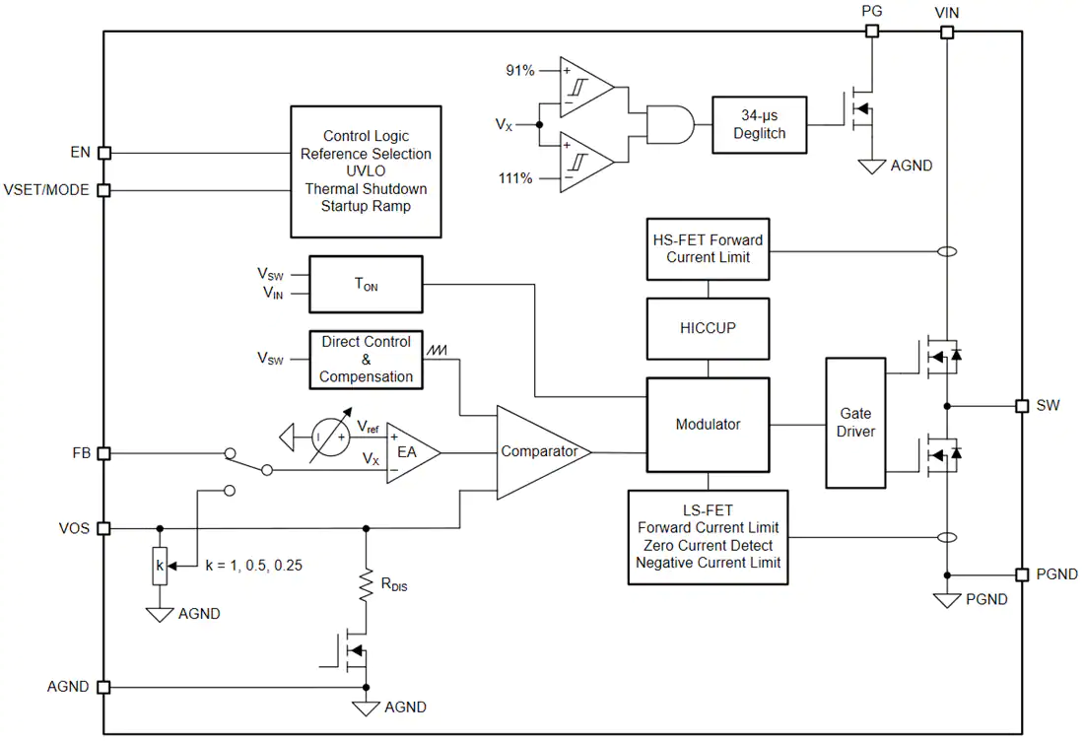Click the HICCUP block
pos(708,328)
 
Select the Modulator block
pos(708,425)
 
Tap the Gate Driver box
pos(855,423)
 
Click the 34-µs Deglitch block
pos(759,124)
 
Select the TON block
pos(366,284)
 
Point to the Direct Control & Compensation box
pos(366,360)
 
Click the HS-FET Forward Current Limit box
pos(708,249)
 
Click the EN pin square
pos(103,153)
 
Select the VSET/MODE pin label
pos(46,189)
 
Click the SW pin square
pos(1022,406)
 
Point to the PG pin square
pos(872,32)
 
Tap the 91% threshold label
pos(520,71)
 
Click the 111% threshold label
pos(515,178)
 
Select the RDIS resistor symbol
pos(366,584)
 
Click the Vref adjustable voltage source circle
pos(330,437)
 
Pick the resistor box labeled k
pos(160,567)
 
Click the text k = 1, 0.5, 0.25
pos(253,566)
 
